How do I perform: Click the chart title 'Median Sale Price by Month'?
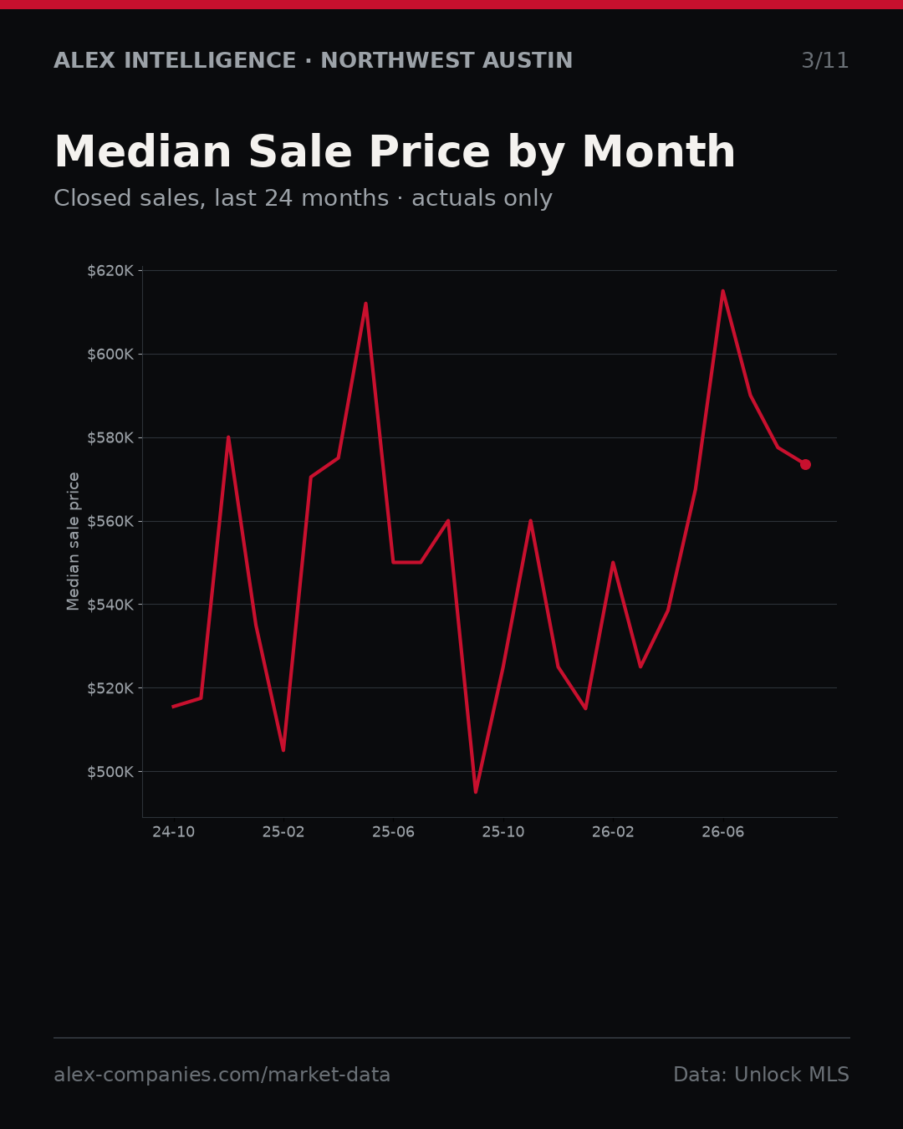pos(395,152)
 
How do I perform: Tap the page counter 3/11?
pos(824,60)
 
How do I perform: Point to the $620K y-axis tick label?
pos(110,271)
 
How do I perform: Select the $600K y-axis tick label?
pos(110,354)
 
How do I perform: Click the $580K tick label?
pos(110,437)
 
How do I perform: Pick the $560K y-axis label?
pos(110,521)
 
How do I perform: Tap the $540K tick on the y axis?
pos(110,605)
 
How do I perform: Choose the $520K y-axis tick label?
pos(110,687)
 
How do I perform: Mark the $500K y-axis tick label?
pos(110,772)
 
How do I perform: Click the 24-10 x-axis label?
pos(173,832)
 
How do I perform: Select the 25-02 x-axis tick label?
pos(283,832)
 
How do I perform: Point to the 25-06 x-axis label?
pos(393,832)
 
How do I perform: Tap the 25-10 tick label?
pos(503,832)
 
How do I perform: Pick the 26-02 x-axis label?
pos(613,832)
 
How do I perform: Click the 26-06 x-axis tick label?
pos(723,832)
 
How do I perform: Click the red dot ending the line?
pos(805,464)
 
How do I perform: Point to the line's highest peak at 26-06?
pos(723,291)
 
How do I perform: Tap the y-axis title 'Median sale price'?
pos(74,541)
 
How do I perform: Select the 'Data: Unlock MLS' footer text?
pos(762,1075)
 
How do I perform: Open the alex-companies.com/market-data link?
pos(222,1075)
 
